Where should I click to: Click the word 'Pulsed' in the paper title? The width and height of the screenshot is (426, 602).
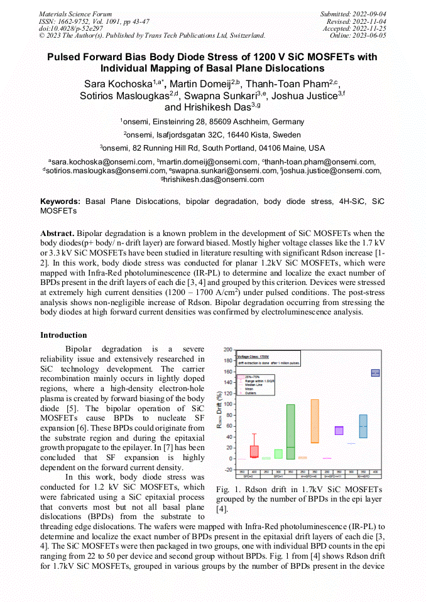(65, 57)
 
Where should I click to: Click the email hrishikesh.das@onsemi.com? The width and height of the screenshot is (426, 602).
(212, 179)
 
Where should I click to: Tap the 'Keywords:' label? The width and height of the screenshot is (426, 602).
(60, 202)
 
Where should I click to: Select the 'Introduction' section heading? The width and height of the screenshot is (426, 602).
(63, 335)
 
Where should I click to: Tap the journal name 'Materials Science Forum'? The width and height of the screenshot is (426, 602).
(75, 14)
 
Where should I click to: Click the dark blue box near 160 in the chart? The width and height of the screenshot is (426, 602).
(375, 373)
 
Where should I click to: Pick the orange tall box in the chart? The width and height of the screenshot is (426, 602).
(315, 421)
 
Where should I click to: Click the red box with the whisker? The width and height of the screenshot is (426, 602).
(254, 451)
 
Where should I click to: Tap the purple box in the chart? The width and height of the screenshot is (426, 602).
(339, 431)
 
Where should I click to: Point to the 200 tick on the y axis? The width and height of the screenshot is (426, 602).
(227, 348)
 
